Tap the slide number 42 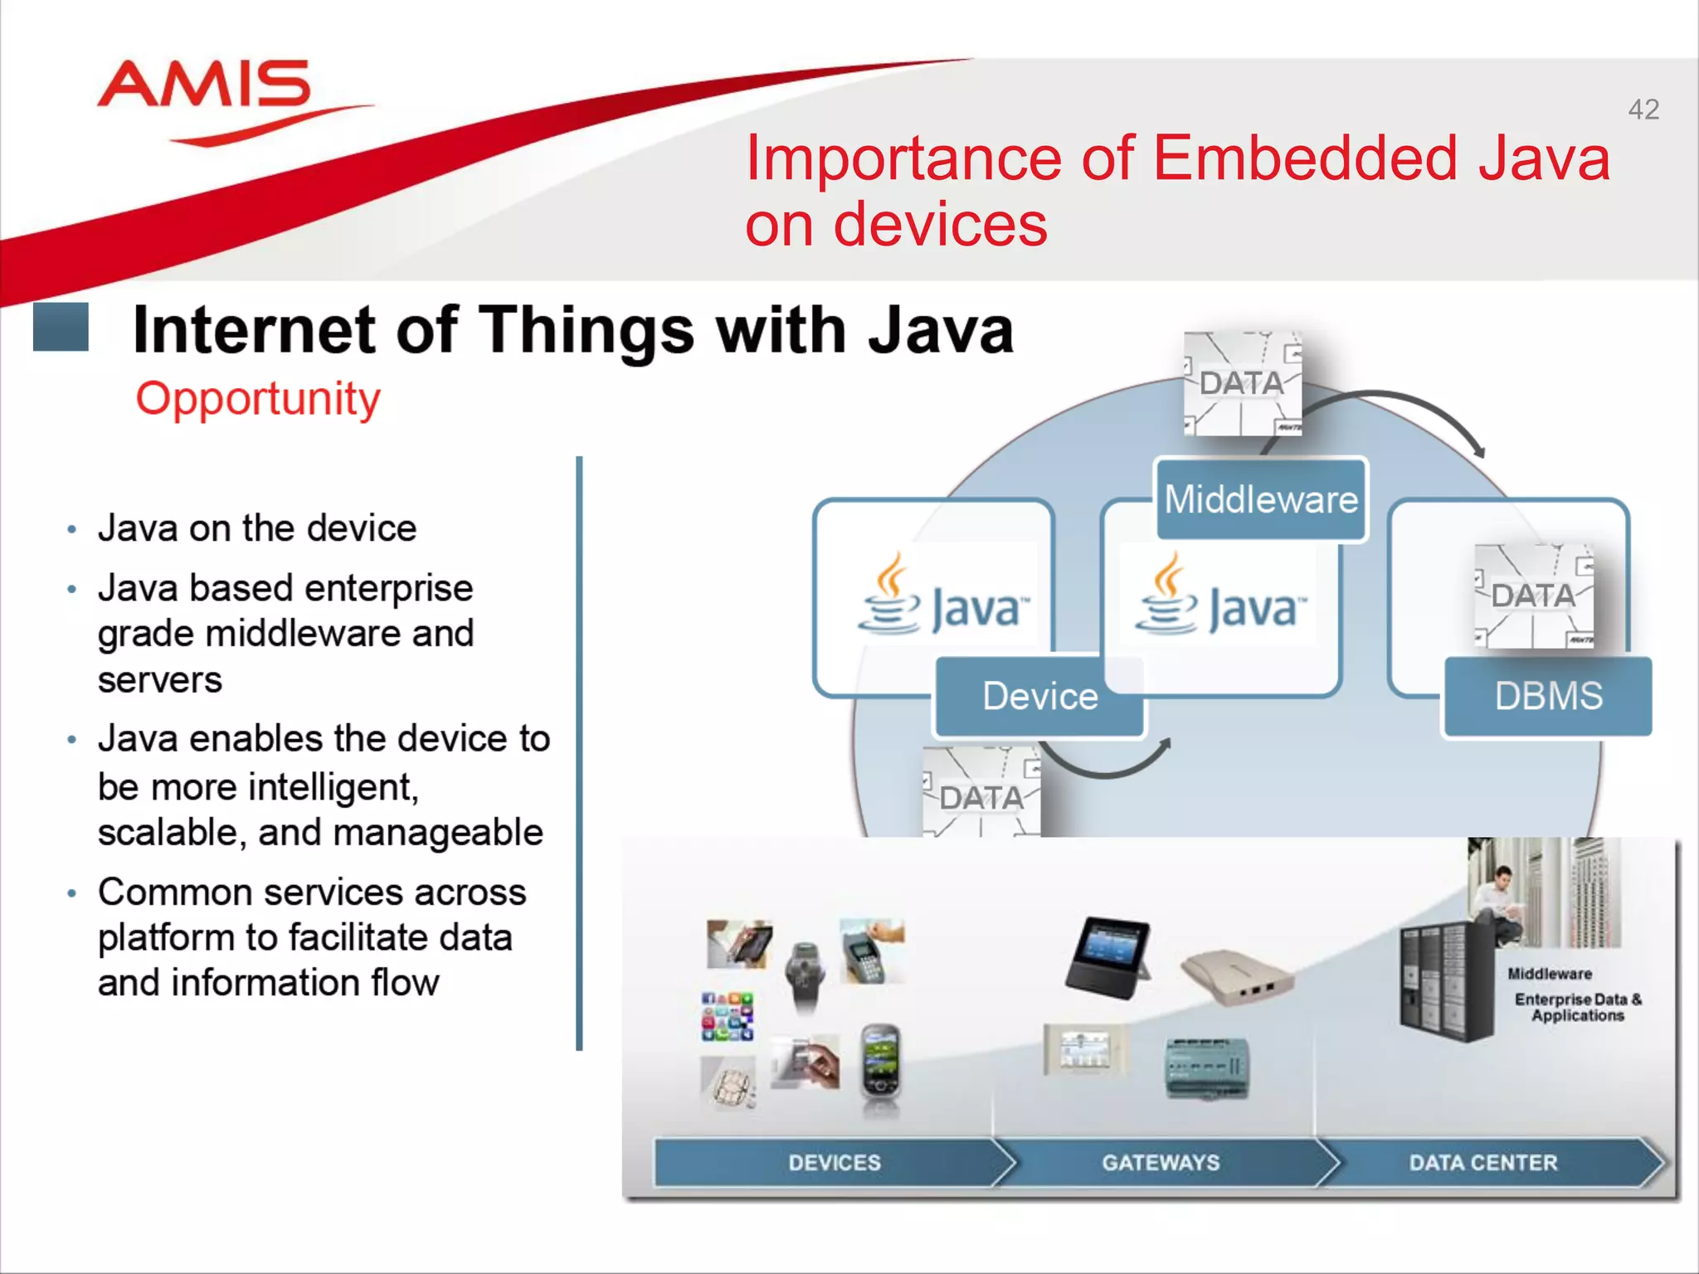pos(1643,109)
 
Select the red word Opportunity pos(258,399)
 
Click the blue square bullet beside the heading pos(61,327)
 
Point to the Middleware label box pos(1260,499)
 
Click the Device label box pos(1039,696)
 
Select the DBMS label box pos(1548,696)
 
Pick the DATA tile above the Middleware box pos(1242,383)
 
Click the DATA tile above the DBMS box pos(1533,596)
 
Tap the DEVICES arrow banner pos(834,1162)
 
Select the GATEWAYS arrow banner pos(1161,1162)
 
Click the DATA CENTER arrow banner pos(1483,1162)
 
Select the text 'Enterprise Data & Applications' pos(1577,1007)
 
